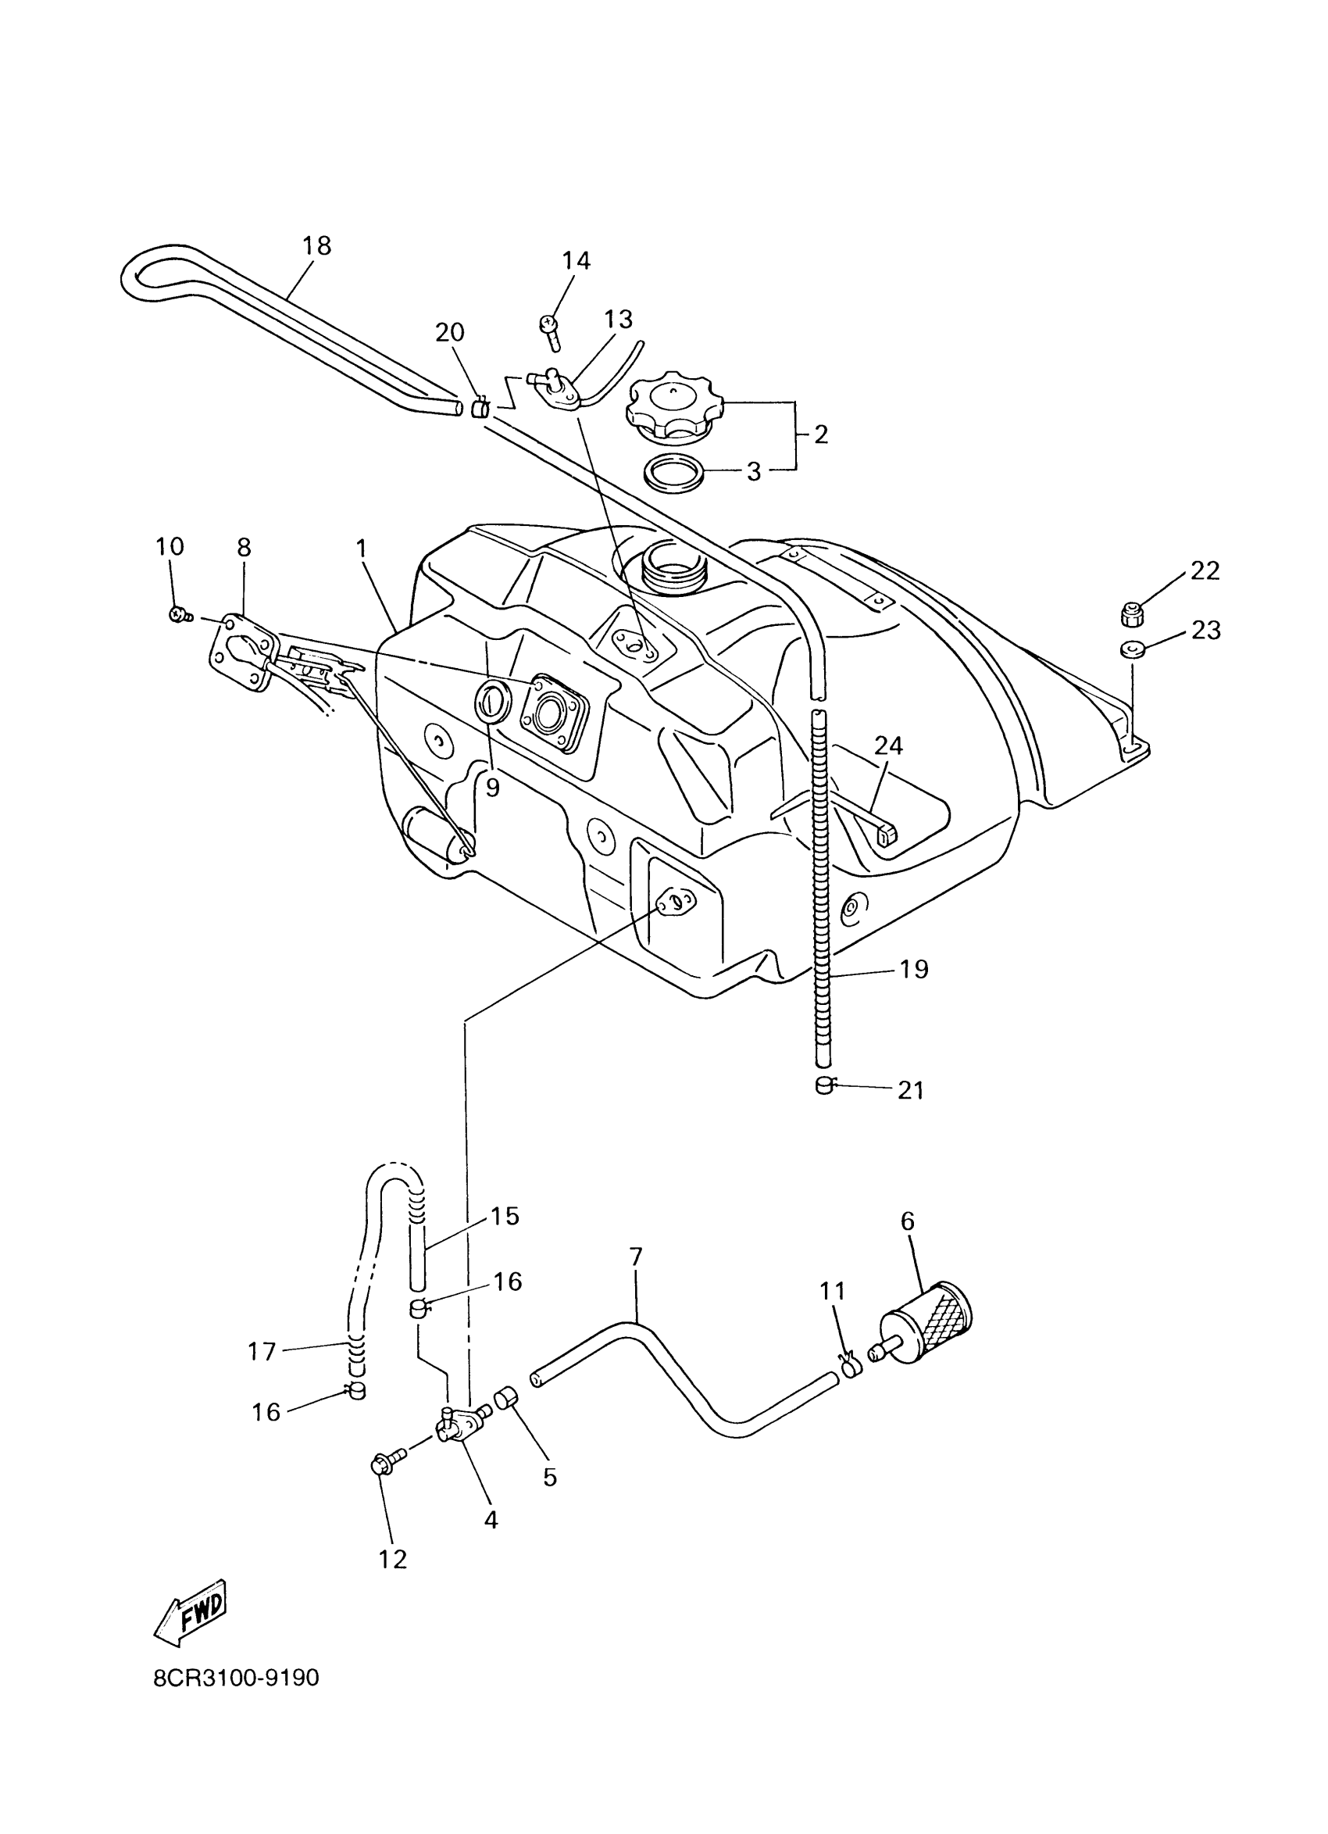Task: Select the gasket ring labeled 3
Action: [x=673, y=470]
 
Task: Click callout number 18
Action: [x=317, y=246]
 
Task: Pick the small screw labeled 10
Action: [x=178, y=614]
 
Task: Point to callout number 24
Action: [x=887, y=744]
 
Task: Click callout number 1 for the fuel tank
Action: [x=362, y=549]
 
